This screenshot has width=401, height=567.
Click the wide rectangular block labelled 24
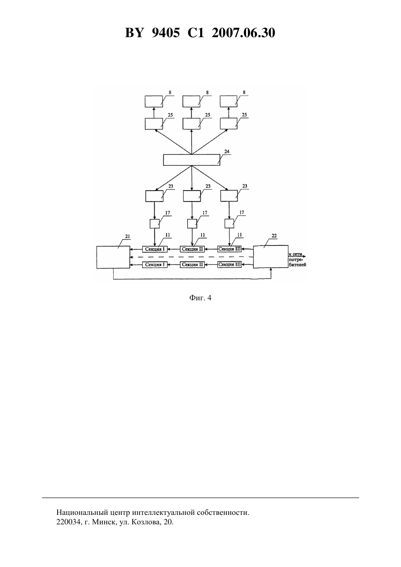click(192, 160)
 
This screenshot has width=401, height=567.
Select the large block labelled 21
click(113, 257)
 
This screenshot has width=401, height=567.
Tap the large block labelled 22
click(270, 257)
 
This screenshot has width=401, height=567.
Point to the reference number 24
click(227, 151)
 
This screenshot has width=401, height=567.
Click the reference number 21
click(127, 236)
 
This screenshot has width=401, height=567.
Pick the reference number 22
click(274, 236)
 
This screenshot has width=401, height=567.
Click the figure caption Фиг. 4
click(200, 298)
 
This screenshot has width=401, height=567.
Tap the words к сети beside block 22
click(295, 254)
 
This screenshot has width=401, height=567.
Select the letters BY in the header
click(134, 33)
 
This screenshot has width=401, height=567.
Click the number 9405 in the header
click(166, 33)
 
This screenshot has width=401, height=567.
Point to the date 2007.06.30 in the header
click(243, 33)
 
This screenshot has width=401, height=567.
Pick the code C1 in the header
click(196, 33)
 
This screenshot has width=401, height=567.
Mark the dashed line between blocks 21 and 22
click(192, 257)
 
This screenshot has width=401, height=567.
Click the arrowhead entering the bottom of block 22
click(271, 270)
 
